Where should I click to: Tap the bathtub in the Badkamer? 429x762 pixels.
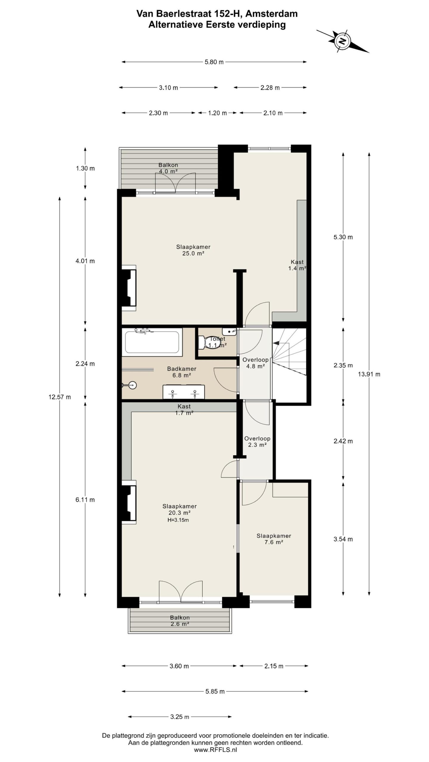[x=152, y=342]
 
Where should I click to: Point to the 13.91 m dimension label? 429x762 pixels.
[x=369, y=374]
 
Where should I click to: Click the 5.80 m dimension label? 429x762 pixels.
[x=214, y=62]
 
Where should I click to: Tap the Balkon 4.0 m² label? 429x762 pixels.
[x=168, y=168]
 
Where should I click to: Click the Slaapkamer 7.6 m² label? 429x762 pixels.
[x=273, y=539]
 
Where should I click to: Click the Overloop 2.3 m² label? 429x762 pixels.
[x=257, y=442]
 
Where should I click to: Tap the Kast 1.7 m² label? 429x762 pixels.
[x=184, y=410]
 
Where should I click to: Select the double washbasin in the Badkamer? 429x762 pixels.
[x=184, y=392]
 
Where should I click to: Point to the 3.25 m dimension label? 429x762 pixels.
[x=180, y=717]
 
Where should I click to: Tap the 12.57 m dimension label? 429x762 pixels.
[x=60, y=397]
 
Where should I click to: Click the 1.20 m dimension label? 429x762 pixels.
[x=217, y=113]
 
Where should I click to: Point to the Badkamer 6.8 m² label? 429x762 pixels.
[x=181, y=372]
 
